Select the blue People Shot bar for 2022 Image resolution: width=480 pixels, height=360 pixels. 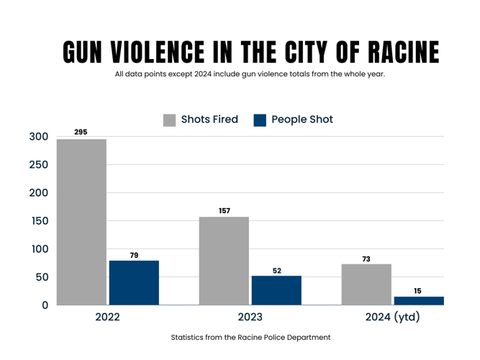point(134,282)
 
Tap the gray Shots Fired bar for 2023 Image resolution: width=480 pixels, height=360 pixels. point(224,261)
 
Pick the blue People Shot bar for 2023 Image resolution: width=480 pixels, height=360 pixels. point(276,290)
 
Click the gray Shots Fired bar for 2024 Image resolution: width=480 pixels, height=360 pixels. point(366,284)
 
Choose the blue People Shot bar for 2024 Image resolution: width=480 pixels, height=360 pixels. point(419,300)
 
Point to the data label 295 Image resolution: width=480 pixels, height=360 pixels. point(81,132)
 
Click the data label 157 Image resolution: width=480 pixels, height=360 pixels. point(224,210)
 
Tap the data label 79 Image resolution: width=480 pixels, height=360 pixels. point(134,255)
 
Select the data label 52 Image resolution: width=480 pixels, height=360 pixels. point(276,270)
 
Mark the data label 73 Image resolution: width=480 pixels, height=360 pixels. point(366,258)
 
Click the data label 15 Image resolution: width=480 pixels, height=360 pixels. point(419,291)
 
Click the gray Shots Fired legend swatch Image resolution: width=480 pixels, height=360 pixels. point(170,120)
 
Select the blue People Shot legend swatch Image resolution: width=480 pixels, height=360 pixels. point(260,120)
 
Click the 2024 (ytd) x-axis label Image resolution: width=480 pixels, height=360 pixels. point(392,317)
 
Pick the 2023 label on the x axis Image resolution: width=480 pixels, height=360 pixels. point(250,317)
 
